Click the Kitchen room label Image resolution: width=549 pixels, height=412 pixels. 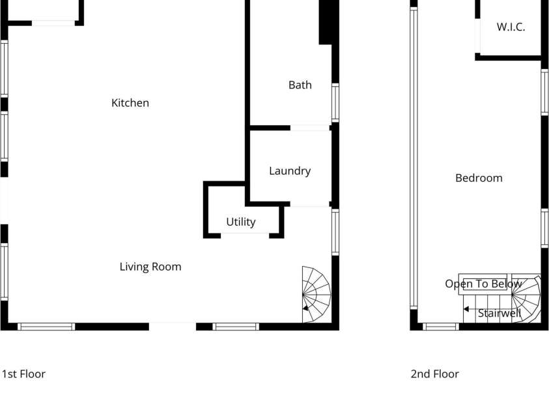pyautogui.click(x=130, y=103)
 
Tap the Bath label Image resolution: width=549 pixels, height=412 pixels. pyautogui.click(x=300, y=85)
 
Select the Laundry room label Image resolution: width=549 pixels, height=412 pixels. pyautogui.click(x=290, y=171)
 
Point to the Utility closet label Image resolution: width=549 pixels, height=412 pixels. pyautogui.click(x=241, y=222)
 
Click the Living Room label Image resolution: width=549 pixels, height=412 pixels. pyautogui.click(x=150, y=267)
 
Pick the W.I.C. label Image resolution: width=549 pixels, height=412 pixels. pyautogui.click(x=511, y=27)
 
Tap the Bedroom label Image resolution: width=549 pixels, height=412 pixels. pyautogui.click(x=479, y=178)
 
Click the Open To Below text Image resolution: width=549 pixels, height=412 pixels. pyautogui.click(x=483, y=284)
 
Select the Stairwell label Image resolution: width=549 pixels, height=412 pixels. pyautogui.click(x=500, y=313)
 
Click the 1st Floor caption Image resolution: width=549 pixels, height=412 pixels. pyautogui.click(x=23, y=374)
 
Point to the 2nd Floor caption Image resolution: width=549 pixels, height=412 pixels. pyautogui.click(x=434, y=374)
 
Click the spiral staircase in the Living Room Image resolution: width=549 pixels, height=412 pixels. pyautogui.click(x=317, y=294)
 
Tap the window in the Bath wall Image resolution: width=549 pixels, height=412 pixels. pyautogui.click(x=335, y=103)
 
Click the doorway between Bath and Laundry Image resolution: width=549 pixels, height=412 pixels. pyautogui.click(x=310, y=128)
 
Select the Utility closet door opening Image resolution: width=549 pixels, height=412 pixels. pyautogui.click(x=245, y=235)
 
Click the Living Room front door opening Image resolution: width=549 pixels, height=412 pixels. pyautogui.click(x=173, y=327)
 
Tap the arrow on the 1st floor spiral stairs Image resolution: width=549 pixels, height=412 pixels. pyautogui.click(x=306, y=308)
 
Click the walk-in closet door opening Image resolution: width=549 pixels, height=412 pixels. pyautogui.click(x=477, y=36)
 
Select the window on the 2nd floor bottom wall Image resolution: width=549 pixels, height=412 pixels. pyautogui.click(x=441, y=327)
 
